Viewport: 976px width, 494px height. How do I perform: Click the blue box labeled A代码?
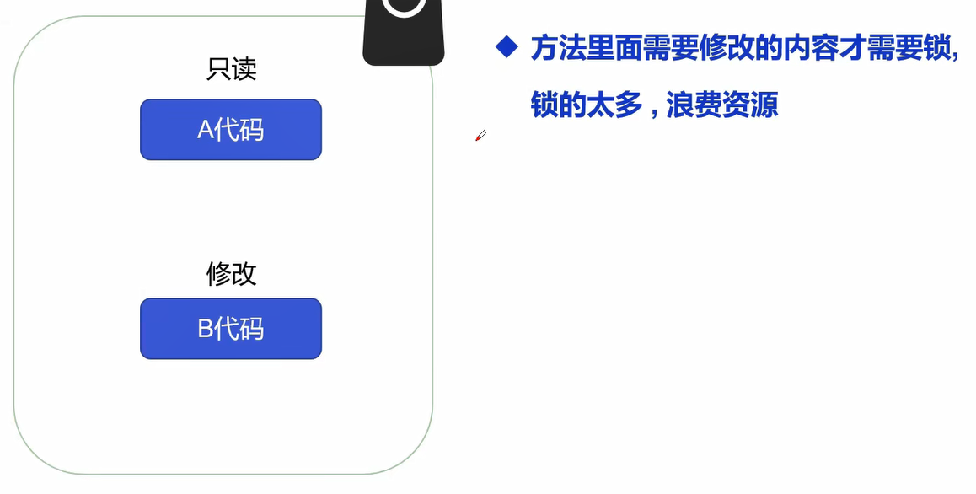(230, 129)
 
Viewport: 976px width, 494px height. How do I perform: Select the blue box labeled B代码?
(230, 328)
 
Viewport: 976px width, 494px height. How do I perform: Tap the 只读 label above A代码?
(231, 69)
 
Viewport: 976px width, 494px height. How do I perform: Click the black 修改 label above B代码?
(231, 273)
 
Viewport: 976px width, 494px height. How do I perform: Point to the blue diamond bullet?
(506, 46)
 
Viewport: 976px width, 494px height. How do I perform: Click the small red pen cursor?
(480, 136)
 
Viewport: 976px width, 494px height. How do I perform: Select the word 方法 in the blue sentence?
(559, 49)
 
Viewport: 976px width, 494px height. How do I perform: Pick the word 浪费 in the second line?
(693, 105)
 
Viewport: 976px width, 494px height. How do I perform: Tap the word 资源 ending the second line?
(749, 105)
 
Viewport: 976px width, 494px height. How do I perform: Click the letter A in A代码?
(205, 130)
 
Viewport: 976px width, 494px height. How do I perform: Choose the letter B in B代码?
(205, 329)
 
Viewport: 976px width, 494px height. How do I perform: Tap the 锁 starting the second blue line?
(544, 105)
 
